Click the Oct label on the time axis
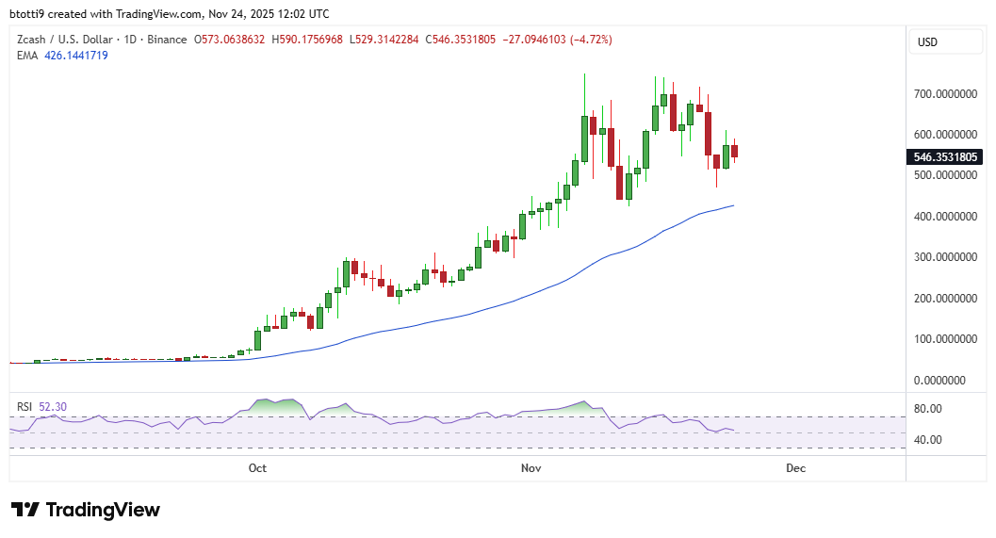pos(257,468)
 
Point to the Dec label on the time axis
pos(794,468)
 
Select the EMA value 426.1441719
pos(76,56)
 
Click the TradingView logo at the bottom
pos(86,510)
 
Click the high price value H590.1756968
pos(308,40)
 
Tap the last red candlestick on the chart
pos(734,151)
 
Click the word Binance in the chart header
pos(169,40)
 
